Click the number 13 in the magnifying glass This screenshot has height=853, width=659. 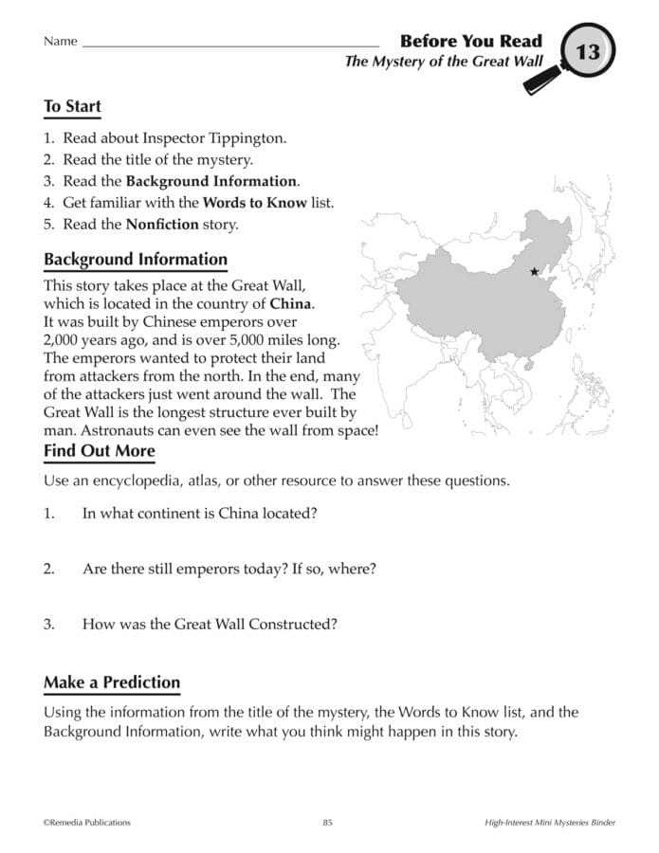[588, 51]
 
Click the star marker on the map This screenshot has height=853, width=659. [534, 272]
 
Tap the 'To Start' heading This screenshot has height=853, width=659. [72, 107]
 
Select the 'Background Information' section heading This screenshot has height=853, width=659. [136, 259]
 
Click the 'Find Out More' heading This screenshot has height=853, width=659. [100, 451]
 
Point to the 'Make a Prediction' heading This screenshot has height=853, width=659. [112, 682]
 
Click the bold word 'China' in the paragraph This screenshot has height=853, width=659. [291, 304]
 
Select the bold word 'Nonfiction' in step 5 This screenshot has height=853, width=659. [162, 225]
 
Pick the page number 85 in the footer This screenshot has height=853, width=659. [327, 823]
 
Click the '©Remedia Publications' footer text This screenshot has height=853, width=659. [87, 823]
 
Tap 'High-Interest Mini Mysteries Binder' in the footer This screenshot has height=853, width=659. [543, 823]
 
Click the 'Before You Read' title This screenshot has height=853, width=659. [470, 41]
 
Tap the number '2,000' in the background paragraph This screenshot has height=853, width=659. [64, 339]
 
